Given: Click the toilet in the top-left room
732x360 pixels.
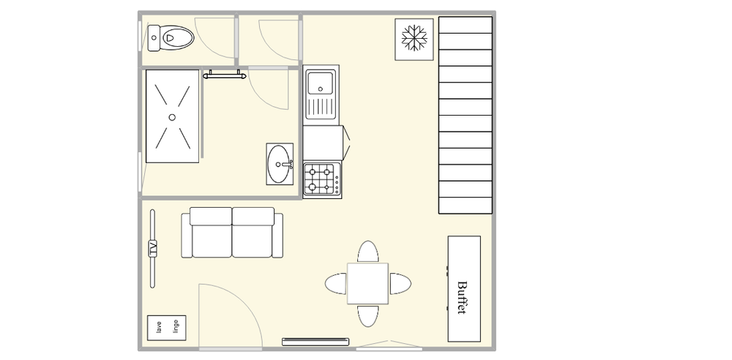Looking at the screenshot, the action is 171,38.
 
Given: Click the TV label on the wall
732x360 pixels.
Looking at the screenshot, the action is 153,248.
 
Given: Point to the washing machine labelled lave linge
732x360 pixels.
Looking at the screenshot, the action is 167,328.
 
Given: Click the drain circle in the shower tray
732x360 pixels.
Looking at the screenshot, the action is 172,117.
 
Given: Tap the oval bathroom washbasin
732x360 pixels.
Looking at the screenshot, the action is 280,164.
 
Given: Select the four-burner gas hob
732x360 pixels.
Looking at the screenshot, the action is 322,179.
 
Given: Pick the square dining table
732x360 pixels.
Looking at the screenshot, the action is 367,283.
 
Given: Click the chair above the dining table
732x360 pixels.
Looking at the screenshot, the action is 368,252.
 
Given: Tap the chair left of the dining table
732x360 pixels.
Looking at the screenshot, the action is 336,284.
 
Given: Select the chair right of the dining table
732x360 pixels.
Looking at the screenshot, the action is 400,284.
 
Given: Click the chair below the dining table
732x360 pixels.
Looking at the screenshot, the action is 368,315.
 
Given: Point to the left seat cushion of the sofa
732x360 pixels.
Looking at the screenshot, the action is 211,233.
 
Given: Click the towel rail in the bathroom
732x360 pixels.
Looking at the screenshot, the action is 224,75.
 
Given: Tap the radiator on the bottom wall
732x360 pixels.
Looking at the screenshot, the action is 315,342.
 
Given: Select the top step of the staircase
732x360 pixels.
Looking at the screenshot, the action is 466,25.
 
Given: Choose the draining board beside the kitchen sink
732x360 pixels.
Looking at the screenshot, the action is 321,107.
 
